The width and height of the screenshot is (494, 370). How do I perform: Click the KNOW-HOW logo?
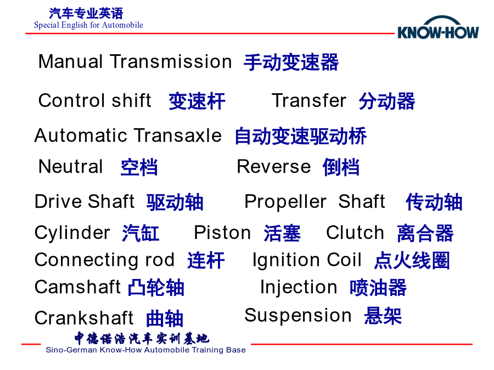(x=438, y=28)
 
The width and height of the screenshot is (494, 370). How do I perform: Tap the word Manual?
(x=70, y=61)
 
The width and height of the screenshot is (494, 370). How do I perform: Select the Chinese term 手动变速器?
(x=291, y=62)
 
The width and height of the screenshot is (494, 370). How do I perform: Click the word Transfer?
(x=308, y=101)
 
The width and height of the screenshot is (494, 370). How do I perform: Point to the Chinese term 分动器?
(x=387, y=101)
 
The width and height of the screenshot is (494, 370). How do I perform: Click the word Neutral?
(x=71, y=167)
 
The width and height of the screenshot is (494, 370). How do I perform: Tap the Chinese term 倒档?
(x=341, y=167)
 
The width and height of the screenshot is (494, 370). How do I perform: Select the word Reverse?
(x=273, y=167)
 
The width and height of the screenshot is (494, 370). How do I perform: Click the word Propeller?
(x=285, y=202)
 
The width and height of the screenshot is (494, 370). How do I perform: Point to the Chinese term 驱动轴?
(x=175, y=202)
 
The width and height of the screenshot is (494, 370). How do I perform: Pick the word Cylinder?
(x=72, y=233)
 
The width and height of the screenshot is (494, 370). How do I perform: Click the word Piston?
(x=222, y=232)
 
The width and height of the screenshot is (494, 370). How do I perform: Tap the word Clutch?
(x=355, y=232)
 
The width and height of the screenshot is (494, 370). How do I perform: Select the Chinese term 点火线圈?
(x=412, y=260)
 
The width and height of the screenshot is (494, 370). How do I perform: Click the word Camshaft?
(x=77, y=287)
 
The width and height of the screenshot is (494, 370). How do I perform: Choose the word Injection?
(x=299, y=288)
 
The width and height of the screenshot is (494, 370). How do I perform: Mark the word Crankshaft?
(x=84, y=318)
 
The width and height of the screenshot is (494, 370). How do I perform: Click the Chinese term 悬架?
(x=383, y=316)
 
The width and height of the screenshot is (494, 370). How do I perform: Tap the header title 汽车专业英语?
(x=86, y=14)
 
